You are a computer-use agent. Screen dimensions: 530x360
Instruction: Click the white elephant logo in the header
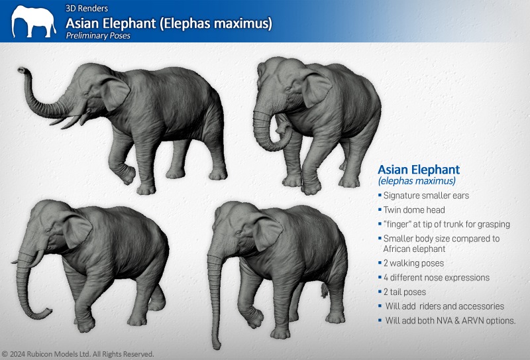pos(33,21)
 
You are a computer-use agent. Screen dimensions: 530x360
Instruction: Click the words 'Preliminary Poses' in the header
pos(98,36)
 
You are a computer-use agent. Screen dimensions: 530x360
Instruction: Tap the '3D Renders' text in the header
pos(87,8)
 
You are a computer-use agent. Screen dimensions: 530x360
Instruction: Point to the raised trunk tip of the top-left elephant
pos(21,70)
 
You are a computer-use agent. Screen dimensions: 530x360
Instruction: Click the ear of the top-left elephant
pos(115,92)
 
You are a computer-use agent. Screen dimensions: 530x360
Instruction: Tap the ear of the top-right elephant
pos(316,89)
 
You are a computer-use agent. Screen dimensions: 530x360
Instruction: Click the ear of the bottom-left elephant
pos(77,230)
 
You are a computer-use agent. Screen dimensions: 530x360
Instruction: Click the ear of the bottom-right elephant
pos(268,232)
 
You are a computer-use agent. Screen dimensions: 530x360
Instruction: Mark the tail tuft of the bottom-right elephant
pos(325,290)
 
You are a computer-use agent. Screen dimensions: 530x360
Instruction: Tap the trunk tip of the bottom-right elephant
pos(217,345)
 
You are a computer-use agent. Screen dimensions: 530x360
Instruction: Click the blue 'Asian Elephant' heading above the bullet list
pos(419,169)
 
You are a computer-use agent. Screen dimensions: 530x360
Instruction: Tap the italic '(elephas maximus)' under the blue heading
pos(417,181)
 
